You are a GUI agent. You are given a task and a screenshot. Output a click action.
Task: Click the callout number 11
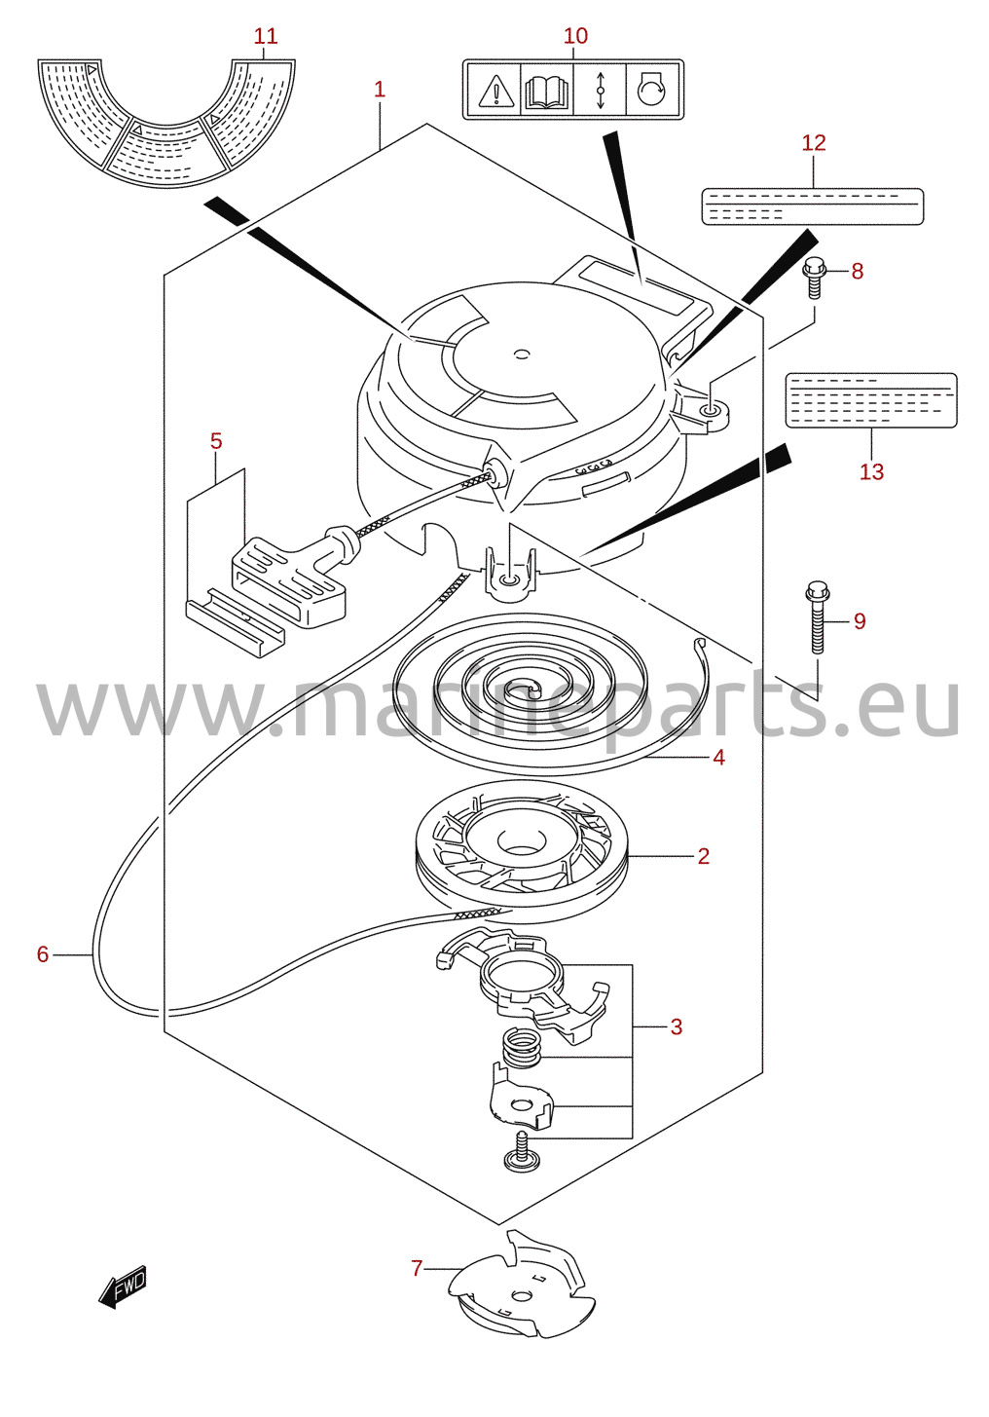266,36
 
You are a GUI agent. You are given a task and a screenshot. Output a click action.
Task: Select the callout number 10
575,36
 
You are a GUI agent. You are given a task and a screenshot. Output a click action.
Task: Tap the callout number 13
871,471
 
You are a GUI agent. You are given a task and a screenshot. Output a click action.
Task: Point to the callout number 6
43,954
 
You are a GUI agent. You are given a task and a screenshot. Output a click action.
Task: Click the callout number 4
718,758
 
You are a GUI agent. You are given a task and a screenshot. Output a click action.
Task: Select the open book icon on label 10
546,90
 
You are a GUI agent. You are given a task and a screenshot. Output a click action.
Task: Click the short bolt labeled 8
812,278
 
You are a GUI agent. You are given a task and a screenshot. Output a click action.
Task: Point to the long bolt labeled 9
817,616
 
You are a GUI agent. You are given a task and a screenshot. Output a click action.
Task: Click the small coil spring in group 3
523,1048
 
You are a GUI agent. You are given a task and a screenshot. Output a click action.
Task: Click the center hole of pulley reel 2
521,840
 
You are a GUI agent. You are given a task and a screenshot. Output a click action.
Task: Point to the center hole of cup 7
521,1297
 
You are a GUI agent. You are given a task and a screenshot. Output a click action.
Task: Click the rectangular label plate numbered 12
813,206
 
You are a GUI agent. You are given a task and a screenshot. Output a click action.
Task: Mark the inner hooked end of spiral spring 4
532,688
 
